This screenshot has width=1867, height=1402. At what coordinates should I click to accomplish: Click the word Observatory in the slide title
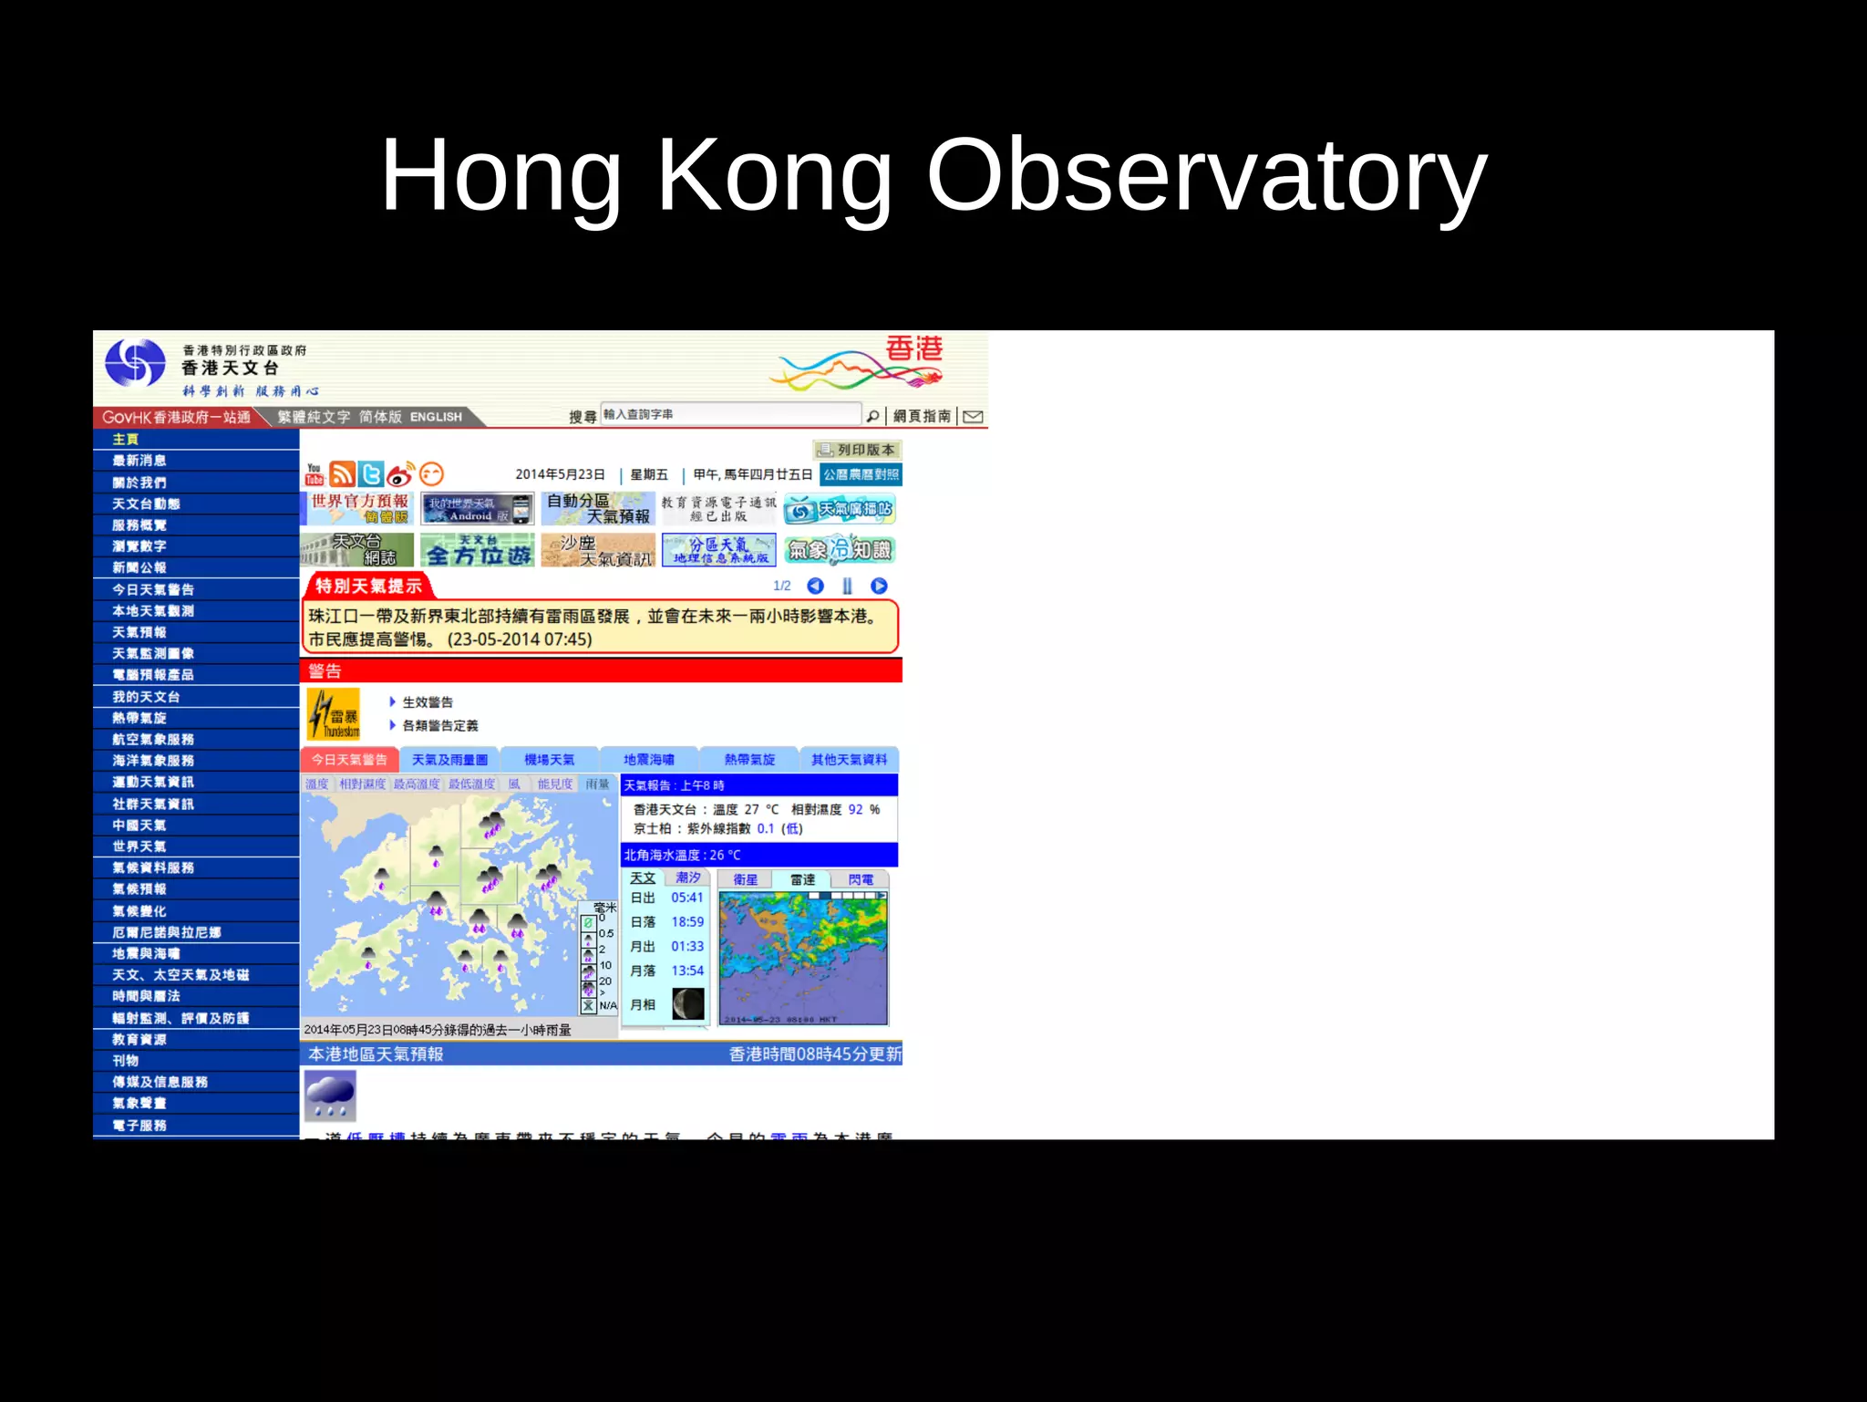pos(1205,175)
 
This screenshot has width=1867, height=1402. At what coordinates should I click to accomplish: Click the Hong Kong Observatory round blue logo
pos(135,363)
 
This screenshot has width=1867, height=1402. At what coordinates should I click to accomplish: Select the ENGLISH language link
pos(436,417)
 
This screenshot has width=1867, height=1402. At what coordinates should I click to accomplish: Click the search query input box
pos(729,414)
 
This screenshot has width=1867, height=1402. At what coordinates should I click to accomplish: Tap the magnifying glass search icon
pos(872,417)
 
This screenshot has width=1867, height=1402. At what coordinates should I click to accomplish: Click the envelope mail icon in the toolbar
pos(973,417)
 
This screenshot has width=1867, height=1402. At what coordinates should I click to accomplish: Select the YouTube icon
pos(315,474)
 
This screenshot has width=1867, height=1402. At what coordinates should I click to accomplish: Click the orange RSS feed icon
pos(342,474)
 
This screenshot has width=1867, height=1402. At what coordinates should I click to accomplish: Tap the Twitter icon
pos(371,474)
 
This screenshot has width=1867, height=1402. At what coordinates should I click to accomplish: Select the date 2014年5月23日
pos(560,474)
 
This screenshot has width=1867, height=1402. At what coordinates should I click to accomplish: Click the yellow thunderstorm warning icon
pos(333,713)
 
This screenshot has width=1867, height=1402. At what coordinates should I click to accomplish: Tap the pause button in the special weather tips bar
pos(847,586)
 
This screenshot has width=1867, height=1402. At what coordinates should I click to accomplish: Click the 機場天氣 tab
pos(550,760)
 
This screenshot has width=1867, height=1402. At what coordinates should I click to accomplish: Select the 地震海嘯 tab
pos(649,760)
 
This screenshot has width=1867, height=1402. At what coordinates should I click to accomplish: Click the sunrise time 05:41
pos(686,898)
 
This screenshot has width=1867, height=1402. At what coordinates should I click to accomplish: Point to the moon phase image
pos(688,1004)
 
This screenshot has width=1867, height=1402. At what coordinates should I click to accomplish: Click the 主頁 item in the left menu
pos(126,440)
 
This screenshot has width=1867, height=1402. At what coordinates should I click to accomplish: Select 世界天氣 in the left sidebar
pos(139,846)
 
